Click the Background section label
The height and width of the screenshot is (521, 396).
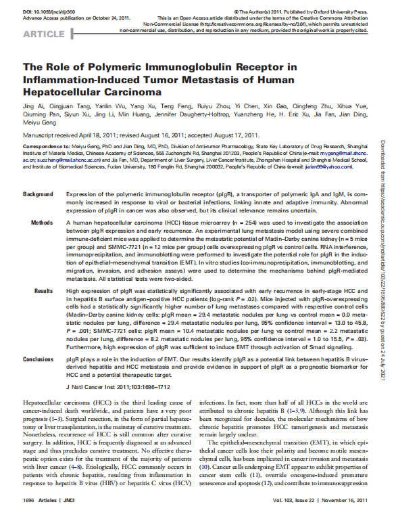click(x=38, y=194)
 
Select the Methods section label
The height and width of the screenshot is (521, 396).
click(x=42, y=222)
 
